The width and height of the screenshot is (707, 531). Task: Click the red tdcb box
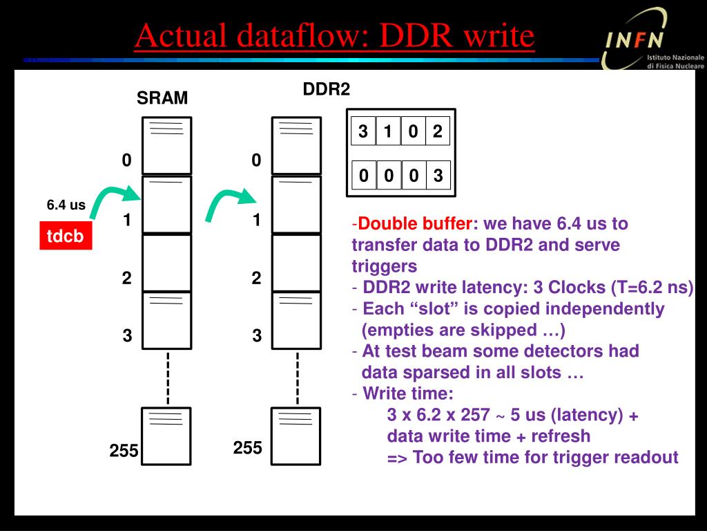point(65,236)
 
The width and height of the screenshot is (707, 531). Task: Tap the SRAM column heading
point(162,98)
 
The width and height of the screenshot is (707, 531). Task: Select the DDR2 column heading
point(327,89)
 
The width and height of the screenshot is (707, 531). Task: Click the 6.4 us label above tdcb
point(66,205)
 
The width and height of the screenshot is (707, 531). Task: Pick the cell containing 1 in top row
point(388,131)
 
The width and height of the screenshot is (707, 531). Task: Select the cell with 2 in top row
point(437,131)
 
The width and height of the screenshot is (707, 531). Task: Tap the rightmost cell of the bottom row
point(438,176)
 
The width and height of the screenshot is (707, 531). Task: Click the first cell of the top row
point(363,131)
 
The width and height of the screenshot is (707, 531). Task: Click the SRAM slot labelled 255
point(166,436)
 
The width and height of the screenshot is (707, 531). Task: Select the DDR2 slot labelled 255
point(296,436)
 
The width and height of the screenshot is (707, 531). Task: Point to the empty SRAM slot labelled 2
point(166,263)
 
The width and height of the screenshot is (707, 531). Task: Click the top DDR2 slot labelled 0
point(296,145)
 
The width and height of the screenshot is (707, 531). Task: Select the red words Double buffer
point(416,224)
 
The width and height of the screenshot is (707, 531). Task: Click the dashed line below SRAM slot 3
point(167,378)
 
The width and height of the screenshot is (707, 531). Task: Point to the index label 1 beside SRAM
point(126,221)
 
